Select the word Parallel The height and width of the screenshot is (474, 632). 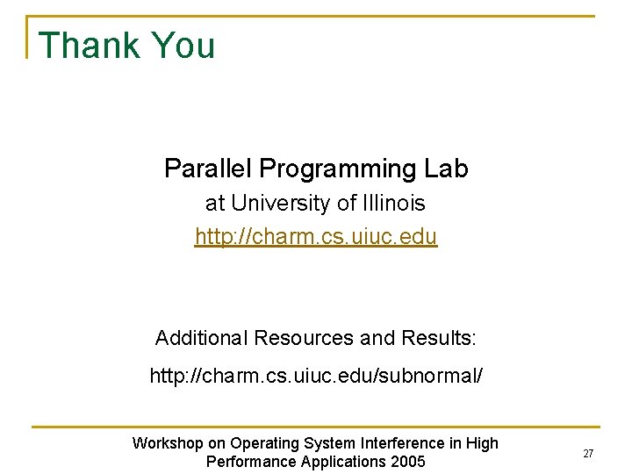point(208,169)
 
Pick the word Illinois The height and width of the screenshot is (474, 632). point(393,204)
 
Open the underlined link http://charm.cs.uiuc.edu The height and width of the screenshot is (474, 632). point(316,237)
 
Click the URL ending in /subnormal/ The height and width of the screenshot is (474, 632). point(316,377)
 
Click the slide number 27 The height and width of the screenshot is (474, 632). point(588,454)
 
